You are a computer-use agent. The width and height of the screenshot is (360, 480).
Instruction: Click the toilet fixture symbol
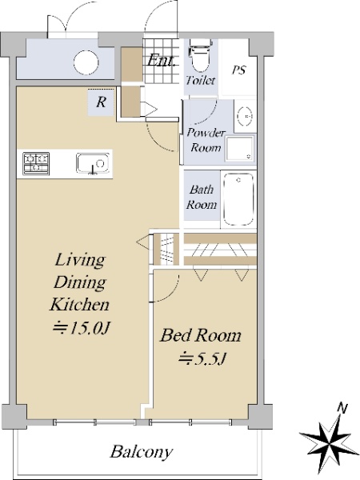click(x=200, y=54)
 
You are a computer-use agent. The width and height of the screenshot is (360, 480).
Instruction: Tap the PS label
click(x=238, y=70)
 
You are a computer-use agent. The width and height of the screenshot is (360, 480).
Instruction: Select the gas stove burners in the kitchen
click(x=36, y=163)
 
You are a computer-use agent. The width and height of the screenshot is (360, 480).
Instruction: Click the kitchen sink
click(x=93, y=163)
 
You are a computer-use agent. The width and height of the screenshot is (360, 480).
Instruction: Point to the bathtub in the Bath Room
click(x=238, y=199)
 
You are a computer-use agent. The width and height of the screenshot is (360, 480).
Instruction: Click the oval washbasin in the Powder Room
click(x=246, y=116)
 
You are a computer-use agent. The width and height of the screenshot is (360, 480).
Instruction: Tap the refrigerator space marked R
click(x=101, y=102)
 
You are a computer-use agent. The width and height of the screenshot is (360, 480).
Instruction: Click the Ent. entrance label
click(x=161, y=60)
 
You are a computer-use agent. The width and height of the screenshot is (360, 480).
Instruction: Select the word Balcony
click(x=141, y=452)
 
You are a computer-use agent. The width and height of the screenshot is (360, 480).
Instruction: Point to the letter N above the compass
click(x=342, y=408)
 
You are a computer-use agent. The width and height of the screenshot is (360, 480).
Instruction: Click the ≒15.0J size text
click(x=81, y=328)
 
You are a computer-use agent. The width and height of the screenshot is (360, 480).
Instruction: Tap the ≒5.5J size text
click(x=202, y=358)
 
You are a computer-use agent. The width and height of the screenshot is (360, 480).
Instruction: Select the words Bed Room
click(x=201, y=335)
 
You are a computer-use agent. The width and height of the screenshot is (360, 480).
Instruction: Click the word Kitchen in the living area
click(x=79, y=304)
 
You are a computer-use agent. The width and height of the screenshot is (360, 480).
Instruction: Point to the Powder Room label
click(x=206, y=141)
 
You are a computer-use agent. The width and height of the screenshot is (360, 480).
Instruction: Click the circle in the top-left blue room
click(x=86, y=62)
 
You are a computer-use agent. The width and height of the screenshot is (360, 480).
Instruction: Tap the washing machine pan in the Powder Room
click(x=240, y=149)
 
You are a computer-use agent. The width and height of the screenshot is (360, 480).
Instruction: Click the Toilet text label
click(x=201, y=81)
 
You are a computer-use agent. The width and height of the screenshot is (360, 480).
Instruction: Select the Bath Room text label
click(x=202, y=197)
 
